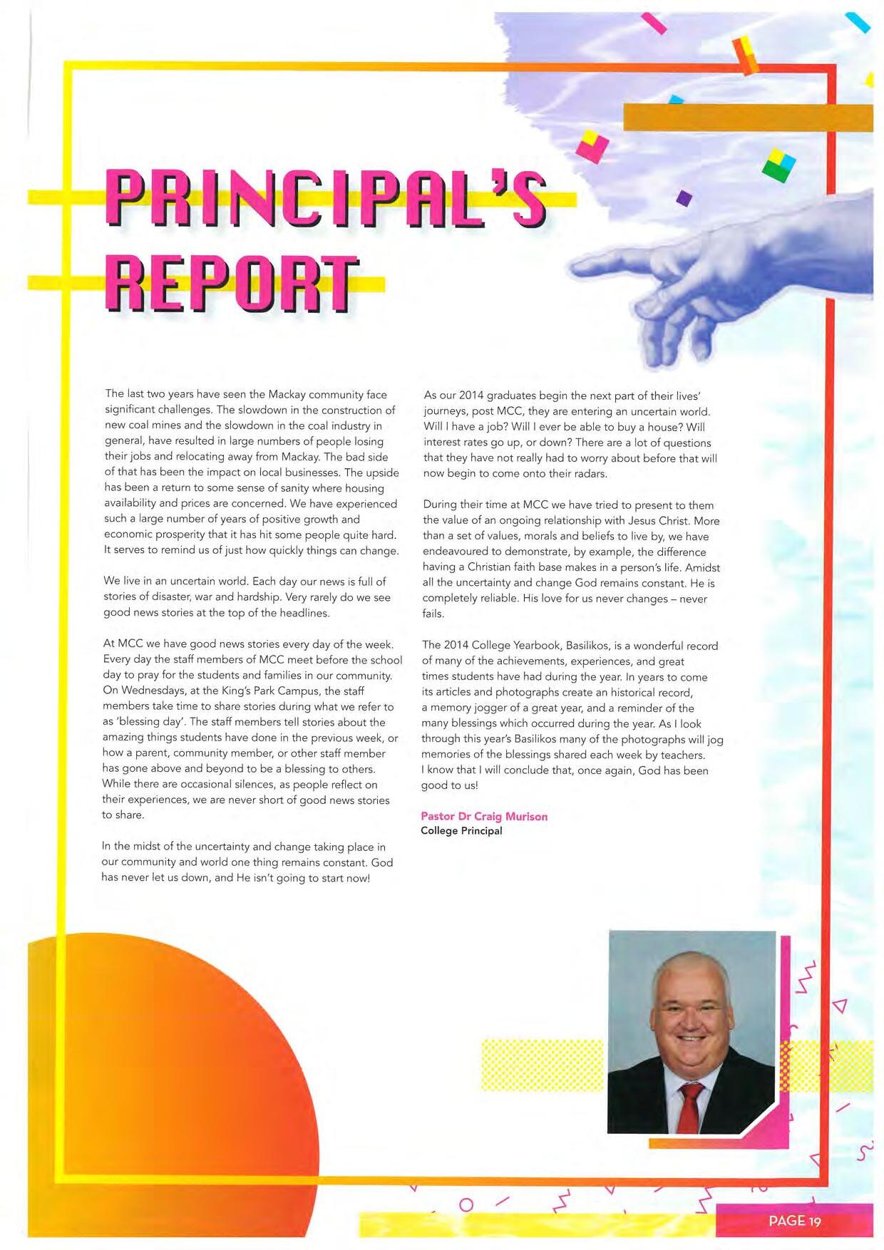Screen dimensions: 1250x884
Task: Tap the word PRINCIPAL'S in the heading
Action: (x=324, y=197)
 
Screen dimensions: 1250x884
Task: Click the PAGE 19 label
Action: (x=794, y=1221)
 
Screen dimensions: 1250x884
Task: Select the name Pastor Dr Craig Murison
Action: (x=484, y=816)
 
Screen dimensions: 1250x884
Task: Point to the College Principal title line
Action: (x=461, y=831)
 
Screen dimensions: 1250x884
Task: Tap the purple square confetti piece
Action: (x=684, y=197)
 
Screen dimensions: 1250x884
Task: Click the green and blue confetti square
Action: (x=778, y=165)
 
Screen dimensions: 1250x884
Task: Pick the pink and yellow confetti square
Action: (x=592, y=146)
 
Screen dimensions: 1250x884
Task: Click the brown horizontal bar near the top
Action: (x=748, y=118)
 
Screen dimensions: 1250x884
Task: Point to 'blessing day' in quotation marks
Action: (x=150, y=722)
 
